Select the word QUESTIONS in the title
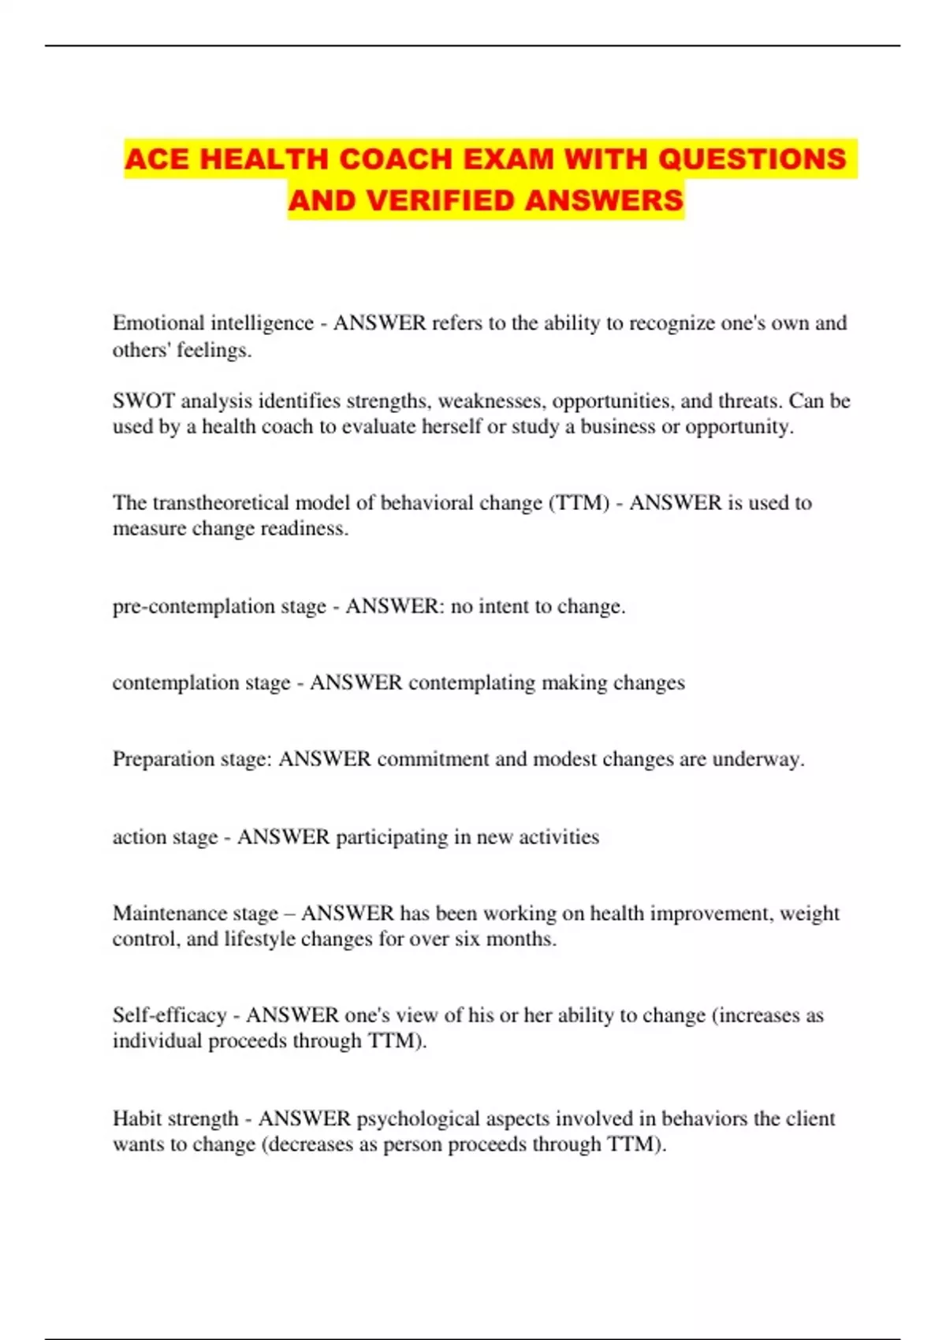click(752, 159)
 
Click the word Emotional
click(158, 323)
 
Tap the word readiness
click(304, 529)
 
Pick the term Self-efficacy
click(169, 1015)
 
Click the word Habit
click(136, 1119)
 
